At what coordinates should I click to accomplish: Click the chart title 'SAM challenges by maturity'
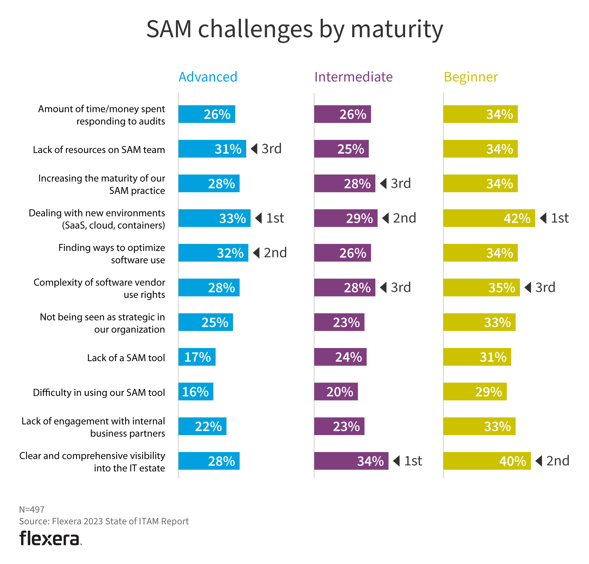[294, 29]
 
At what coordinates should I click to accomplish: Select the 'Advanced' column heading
[208, 77]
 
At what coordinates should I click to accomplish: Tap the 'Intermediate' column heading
[353, 77]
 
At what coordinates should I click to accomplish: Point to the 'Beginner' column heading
[471, 77]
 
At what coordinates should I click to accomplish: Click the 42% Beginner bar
[489, 218]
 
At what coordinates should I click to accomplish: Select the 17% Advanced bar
[197, 357]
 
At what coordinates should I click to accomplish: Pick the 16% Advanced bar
[196, 392]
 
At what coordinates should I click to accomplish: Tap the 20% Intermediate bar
[336, 392]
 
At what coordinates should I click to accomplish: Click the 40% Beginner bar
[487, 461]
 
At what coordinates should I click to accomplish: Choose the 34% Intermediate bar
[351, 461]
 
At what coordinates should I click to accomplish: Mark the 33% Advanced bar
[214, 218]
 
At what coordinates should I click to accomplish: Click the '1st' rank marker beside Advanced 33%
[270, 218]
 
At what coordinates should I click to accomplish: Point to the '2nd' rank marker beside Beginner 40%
[552, 461]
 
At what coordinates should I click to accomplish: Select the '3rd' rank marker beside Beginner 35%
[540, 288]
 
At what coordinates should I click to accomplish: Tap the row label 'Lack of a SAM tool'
[126, 358]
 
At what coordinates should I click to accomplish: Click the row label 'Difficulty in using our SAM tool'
[99, 393]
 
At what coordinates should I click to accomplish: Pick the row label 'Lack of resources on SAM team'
[99, 150]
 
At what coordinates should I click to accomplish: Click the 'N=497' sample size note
[32, 509]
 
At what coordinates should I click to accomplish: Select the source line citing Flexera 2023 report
[104, 521]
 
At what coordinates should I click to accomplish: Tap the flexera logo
[50, 538]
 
